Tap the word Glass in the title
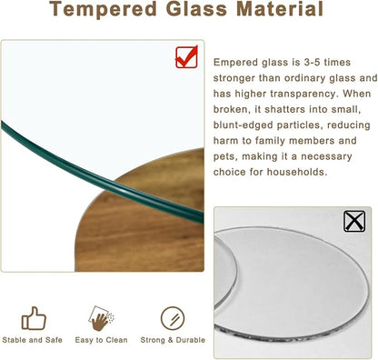click(205, 11)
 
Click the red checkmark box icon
click(188, 56)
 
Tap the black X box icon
click(355, 221)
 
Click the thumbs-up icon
click(34, 318)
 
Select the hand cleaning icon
click(102, 318)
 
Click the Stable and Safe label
click(34, 341)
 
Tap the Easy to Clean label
click(102, 341)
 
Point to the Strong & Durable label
click(172, 341)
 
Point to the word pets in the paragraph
click(227, 155)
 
